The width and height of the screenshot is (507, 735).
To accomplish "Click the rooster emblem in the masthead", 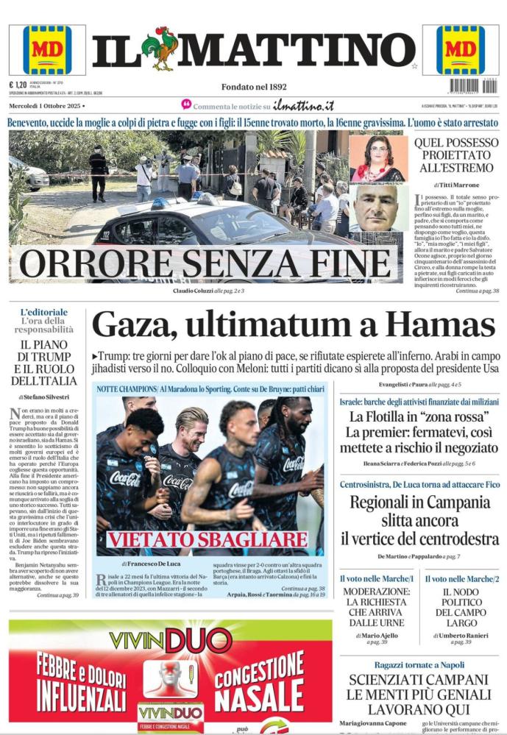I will click(160, 49).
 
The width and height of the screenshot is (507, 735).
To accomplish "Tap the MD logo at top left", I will click(47, 50).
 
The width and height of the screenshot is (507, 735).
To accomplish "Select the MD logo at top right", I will click(461, 50).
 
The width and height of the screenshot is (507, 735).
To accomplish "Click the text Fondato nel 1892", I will click(254, 86).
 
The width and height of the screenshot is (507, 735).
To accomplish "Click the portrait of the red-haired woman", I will click(378, 157).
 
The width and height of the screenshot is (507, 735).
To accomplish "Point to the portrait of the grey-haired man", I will click(378, 207).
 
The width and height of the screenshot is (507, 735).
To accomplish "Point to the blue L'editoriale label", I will click(44, 312).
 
